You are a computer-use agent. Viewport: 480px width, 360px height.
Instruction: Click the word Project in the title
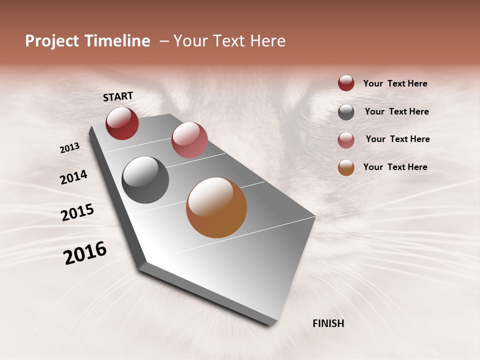click(x=52, y=41)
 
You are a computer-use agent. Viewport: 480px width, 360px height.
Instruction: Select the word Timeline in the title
click(x=116, y=41)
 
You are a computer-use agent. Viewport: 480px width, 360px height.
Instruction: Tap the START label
click(x=118, y=96)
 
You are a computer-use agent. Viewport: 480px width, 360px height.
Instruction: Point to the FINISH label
click(x=328, y=323)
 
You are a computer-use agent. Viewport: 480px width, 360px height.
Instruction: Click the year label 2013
click(x=69, y=148)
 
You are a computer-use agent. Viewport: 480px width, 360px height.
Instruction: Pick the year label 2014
click(x=73, y=177)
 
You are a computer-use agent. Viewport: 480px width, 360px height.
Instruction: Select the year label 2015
click(x=77, y=212)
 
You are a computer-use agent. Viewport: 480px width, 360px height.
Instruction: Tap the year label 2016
click(x=85, y=252)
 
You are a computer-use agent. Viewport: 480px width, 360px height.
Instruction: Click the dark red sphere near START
click(x=122, y=123)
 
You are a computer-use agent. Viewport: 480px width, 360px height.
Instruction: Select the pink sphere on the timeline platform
click(x=189, y=140)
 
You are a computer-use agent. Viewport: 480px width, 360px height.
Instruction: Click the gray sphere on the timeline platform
click(x=145, y=180)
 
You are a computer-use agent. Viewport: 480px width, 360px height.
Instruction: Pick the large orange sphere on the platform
click(x=216, y=207)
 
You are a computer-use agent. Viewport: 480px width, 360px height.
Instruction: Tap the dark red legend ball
click(x=346, y=83)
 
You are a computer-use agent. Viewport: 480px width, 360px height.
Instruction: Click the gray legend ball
click(x=346, y=112)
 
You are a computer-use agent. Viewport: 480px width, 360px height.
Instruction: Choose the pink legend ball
click(x=346, y=140)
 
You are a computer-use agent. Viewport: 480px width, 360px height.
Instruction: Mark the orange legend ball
click(x=346, y=167)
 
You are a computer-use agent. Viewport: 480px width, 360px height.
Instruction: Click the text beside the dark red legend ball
click(x=395, y=83)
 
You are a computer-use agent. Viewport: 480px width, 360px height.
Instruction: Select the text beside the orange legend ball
click(x=395, y=167)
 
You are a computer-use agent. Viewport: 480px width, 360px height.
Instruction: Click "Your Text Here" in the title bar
click(x=229, y=41)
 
